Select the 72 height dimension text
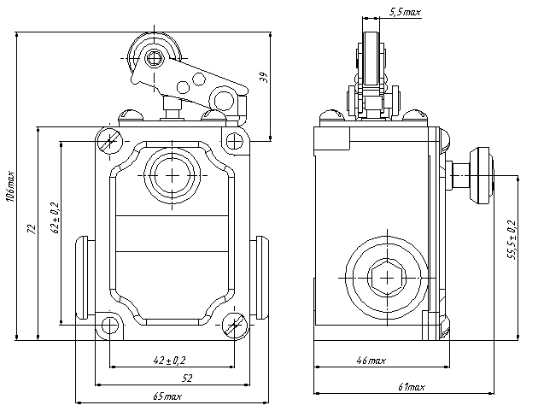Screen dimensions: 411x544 click(31, 229)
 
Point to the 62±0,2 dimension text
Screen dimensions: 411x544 click(54, 217)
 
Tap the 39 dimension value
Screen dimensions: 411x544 click(264, 78)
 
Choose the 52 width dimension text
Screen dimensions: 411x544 click(184, 377)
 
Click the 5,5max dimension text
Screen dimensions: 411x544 click(404, 13)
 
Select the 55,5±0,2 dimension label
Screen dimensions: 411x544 click(511, 240)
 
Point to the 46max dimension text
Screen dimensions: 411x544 click(371, 361)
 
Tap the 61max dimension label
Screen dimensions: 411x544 click(411, 388)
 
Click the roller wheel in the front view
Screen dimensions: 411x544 click(153, 58)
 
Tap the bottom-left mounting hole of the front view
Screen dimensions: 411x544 click(109, 326)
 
